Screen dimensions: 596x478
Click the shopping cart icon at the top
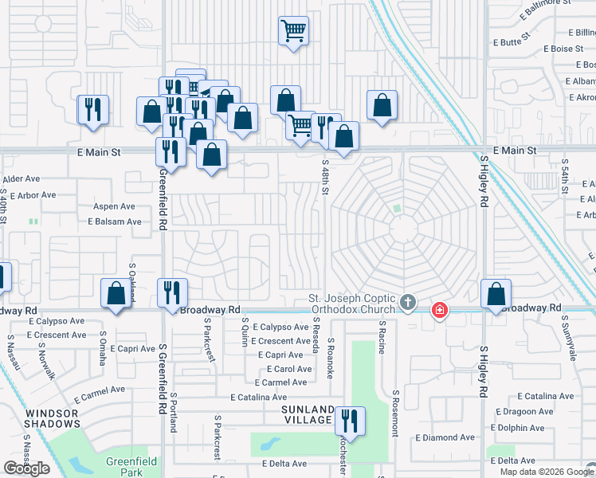[x=293, y=32]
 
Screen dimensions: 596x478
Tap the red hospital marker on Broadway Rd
[x=438, y=311]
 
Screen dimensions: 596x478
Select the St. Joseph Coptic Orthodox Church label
[x=351, y=304]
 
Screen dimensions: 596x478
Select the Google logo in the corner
[x=26, y=468]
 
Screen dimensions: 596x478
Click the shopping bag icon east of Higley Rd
[x=496, y=295]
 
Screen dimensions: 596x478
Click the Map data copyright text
[x=546, y=472]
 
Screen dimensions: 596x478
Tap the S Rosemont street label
[x=394, y=412]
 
